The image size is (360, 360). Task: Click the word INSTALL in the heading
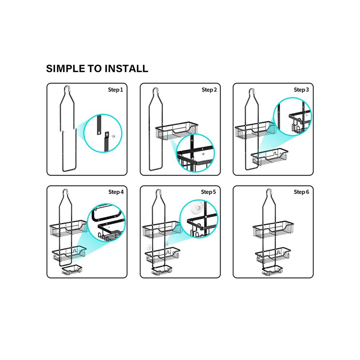click(126, 68)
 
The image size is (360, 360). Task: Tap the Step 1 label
click(116, 90)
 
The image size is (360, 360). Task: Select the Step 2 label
click(209, 90)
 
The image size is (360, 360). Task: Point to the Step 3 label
click(301, 90)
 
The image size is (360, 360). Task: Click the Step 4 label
click(116, 192)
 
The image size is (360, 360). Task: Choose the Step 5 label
click(208, 192)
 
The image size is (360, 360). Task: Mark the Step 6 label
click(301, 192)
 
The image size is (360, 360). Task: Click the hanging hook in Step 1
click(67, 89)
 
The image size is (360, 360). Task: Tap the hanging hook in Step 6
click(269, 192)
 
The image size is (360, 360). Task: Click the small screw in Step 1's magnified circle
click(113, 136)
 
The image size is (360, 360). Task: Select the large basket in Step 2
click(176, 130)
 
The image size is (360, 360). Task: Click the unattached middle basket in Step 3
click(269, 157)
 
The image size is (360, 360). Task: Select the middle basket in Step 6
click(273, 256)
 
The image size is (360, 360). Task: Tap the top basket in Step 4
click(69, 229)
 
